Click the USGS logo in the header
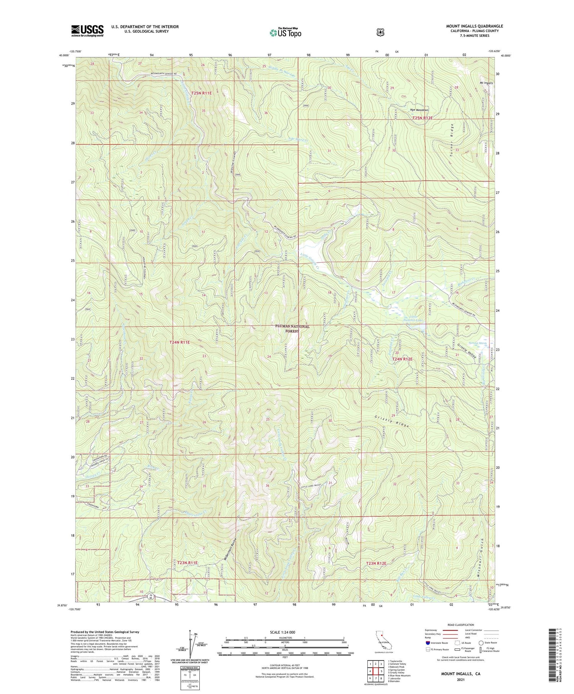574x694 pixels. tap(87, 31)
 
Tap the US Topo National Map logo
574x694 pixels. tap(285, 33)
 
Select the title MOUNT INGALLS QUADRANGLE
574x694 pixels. tap(474, 26)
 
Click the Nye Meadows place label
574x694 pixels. tap(419, 110)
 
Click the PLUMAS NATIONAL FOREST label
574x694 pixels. tap(292, 328)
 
